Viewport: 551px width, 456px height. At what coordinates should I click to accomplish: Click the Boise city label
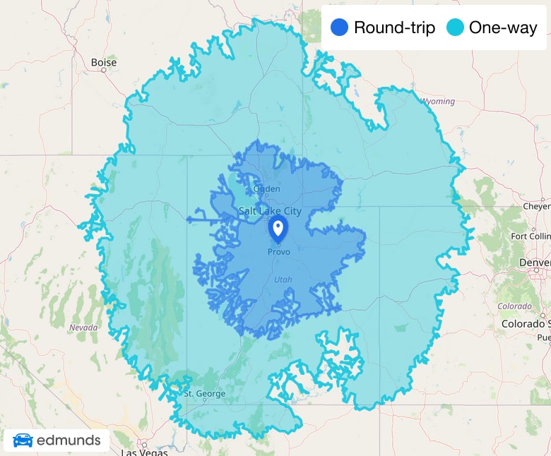coord(104,63)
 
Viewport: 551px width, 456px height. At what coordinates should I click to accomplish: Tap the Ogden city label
coord(266,188)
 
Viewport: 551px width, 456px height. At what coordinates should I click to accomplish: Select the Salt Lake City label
coord(270,211)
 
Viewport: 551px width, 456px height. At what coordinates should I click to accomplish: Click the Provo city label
coord(278,252)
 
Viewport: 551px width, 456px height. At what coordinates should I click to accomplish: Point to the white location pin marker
coord(278,229)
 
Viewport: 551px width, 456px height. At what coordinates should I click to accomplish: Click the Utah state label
coord(283,280)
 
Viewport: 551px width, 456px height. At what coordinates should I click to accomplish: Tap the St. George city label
coord(204,393)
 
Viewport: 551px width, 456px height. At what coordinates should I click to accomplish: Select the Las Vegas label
coord(139,452)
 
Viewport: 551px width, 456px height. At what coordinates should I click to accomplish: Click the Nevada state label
coord(84,328)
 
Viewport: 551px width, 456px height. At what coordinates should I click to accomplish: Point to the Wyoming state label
coord(438,102)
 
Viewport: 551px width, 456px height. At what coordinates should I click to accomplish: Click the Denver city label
coord(535,262)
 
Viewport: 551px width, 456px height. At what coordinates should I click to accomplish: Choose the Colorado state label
coord(514,306)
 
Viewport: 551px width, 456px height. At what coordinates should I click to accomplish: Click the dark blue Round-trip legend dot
coord(340,28)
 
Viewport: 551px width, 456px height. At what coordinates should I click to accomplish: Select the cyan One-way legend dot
coord(455,28)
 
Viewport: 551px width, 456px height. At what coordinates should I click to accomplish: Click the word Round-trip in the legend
coord(394,28)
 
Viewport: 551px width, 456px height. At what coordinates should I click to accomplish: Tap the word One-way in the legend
coord(503,28)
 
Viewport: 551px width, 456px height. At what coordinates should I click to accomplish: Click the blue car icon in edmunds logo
coord(23,440)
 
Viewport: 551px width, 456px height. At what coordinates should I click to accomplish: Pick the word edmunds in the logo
coord(69,441)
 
